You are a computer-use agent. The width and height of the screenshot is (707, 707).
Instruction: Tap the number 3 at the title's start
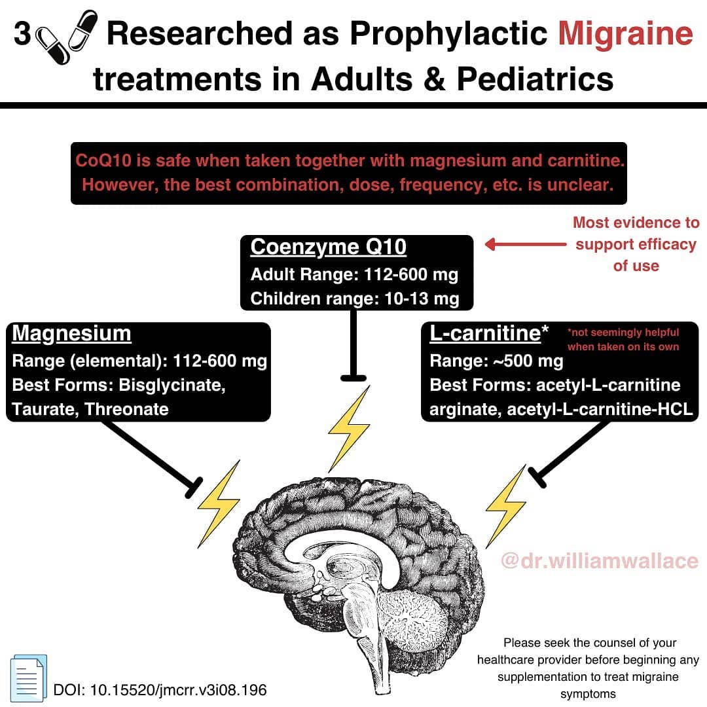[22, 33]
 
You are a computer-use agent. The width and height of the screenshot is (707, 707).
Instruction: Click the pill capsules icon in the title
[66, 37]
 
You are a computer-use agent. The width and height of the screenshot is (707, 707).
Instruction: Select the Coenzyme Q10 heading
[328, 247]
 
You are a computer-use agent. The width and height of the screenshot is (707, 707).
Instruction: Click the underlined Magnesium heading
[72, 334]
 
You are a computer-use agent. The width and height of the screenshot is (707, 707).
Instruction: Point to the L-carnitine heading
[489, 333]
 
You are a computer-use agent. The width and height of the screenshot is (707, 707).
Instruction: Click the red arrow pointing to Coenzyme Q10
[525, 244]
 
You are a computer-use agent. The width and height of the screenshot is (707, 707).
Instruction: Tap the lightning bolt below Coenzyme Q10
[350, 428]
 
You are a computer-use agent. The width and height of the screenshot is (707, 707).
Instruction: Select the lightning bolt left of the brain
[219, 503]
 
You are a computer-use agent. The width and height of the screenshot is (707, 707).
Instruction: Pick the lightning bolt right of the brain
[506, 506]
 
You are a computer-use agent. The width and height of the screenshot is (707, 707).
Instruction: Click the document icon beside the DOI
[28, 678]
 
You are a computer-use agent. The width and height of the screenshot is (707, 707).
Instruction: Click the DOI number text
[160, 690]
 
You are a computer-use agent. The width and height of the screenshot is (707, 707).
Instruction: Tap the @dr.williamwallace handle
[599, 561]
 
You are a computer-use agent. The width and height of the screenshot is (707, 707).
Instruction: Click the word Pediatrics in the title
[535, 79]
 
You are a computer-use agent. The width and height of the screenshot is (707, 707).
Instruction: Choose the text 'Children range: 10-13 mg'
[355, 299]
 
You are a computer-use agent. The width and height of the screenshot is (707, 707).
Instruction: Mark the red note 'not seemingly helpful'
[623, 333]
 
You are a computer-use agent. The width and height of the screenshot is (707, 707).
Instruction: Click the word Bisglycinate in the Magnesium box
[172, 385]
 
